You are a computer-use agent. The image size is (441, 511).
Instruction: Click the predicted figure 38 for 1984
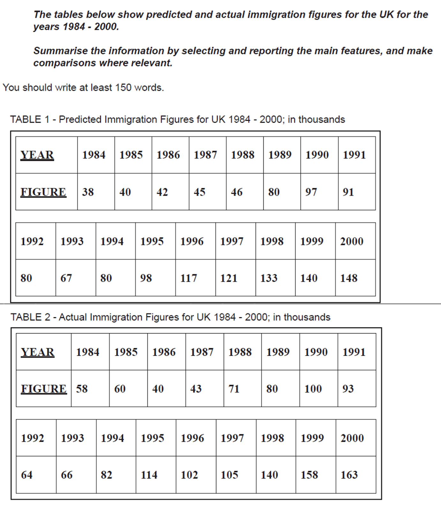tap(88, 192)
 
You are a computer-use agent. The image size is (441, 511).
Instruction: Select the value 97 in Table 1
tap(311, 192)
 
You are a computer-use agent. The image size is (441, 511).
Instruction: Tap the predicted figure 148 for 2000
tap(348, 278)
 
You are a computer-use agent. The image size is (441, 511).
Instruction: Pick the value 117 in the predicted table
tap(189, 278)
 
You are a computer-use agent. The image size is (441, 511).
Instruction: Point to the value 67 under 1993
tap(66, 278)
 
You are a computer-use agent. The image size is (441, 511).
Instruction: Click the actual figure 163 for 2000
tap(349, 475)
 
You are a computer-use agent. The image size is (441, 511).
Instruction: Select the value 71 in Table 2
tap(234, 389)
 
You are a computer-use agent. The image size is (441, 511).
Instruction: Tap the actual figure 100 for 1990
tap(313, 389)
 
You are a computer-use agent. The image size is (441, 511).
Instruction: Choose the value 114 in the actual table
tap(149, 475)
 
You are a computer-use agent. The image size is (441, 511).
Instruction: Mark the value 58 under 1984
tap(82, 389)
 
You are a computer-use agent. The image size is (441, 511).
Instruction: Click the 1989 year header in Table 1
tap(280, 155)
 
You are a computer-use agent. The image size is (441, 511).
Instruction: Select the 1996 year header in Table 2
tap(192, 438)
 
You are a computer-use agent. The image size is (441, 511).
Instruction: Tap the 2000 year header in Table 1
tap(351, 241)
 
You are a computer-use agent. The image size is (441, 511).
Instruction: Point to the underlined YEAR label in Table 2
tap(37, 352)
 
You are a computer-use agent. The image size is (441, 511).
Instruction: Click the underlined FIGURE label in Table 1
tap(43, 192)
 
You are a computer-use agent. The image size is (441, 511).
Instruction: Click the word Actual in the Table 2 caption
tap(73, 317)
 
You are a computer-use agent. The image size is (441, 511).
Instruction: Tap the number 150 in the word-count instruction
tap(123, 88)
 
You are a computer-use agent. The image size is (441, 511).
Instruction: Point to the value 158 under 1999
tap(309, 475)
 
